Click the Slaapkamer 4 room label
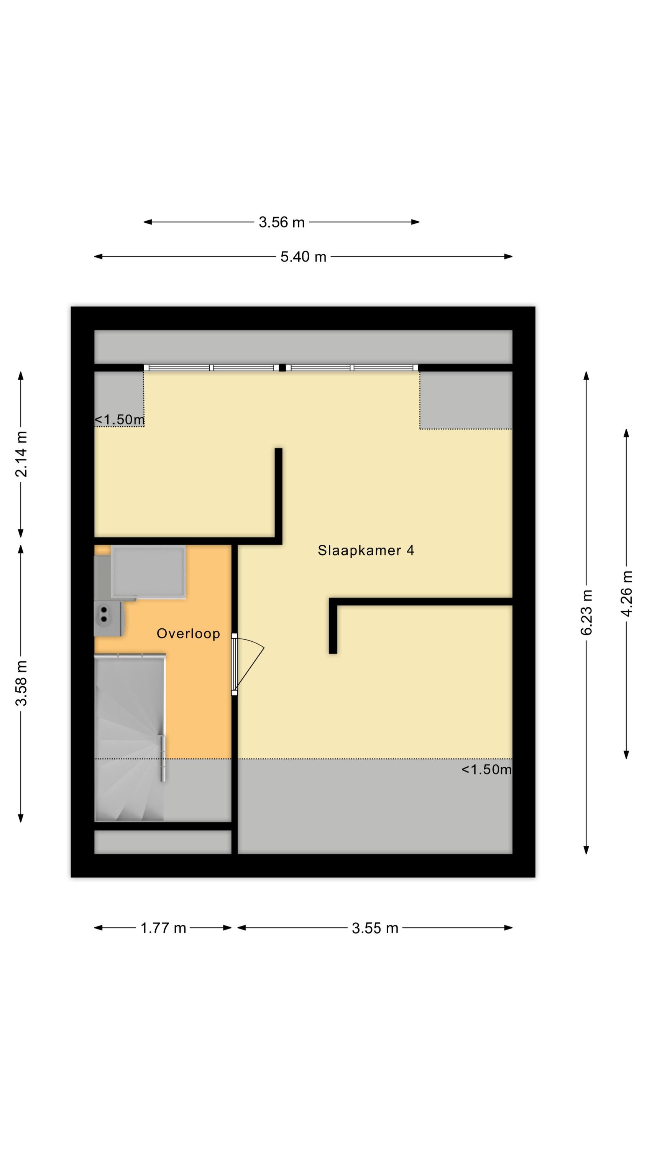click(366, 550)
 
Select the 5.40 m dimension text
click(303, 257)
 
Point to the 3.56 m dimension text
click(281, 222)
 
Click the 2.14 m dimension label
click(21, 453)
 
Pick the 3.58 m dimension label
click(21, 683)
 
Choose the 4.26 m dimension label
click(627, 593)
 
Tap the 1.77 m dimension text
click(163, 928)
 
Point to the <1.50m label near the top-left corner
click(119, 420)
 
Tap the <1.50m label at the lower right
click(486, 769)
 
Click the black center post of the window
click(282, 368)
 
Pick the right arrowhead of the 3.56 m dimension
click(415, 222)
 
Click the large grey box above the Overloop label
click(148, 572)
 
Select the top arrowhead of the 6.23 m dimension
click(586, 375)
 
